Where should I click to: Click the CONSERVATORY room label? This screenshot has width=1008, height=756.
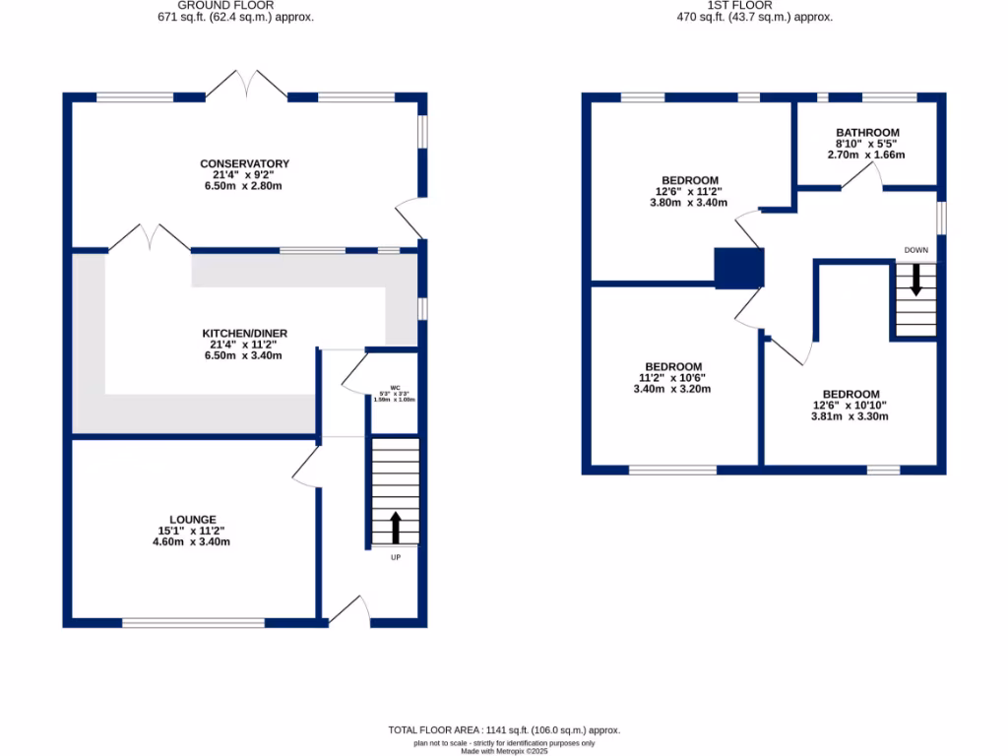[245, 163]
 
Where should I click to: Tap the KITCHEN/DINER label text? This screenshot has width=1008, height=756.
[245, 334]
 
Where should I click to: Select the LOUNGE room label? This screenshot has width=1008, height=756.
[192, 519]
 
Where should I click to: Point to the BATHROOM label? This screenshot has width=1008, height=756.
[867, 133]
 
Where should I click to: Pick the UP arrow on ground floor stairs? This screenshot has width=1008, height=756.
[396, 528]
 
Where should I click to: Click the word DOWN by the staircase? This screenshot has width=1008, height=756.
[916, 251]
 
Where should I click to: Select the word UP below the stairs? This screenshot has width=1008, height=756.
[396, 557]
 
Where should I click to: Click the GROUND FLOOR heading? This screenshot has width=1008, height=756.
[236, 5]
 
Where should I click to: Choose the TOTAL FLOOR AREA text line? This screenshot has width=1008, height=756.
[504, 729]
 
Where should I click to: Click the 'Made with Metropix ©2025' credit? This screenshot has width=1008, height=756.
[504, 750]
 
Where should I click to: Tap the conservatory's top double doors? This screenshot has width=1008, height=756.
[246, 85]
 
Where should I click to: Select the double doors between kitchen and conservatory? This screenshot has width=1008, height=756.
[149, 238]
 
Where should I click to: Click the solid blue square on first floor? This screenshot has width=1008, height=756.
[739, 268]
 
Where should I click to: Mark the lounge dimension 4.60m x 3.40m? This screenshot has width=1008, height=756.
[192, 541]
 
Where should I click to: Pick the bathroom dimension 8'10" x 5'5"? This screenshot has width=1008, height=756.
[867, 144]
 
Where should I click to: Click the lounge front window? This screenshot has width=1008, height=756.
[193, 622]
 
